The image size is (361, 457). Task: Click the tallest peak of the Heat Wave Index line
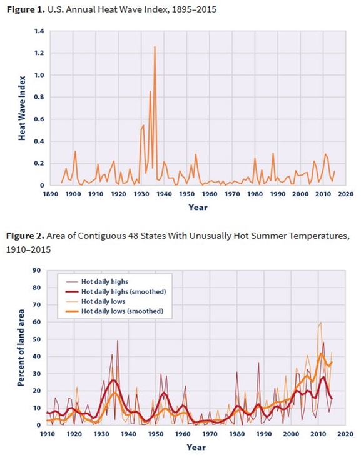(155, 47)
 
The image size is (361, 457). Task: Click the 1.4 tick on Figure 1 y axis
(39, 31)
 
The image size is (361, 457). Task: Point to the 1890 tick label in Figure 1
(50, 194)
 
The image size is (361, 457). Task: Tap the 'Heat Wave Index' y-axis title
(22, 108)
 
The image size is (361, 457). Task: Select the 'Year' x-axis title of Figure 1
(198, 207)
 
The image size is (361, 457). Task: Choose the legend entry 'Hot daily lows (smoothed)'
(125, 311)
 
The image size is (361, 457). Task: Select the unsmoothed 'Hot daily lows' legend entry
(110, 301)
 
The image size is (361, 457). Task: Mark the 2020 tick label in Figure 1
(346, 194)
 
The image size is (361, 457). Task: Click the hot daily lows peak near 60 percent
(320, 323)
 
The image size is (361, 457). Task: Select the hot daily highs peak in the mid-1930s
(118, 341)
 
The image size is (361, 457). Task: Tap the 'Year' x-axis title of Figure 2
(196, 447)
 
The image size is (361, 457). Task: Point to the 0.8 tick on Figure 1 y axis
(39, 97)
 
